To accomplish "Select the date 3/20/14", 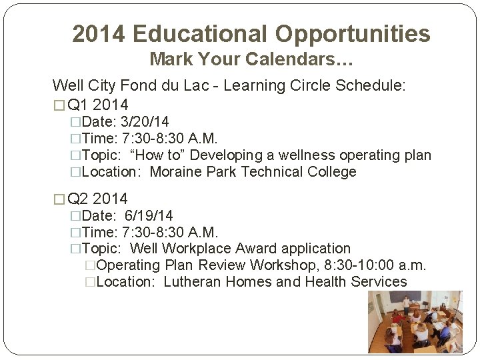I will tap(145, 121).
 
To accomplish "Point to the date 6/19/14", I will tap(149, 215).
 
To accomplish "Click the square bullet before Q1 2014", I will tap(58, 105).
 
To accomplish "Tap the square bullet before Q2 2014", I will tap(58, 199).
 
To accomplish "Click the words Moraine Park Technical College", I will tap(253, 172).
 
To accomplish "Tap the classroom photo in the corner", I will tap(415, 321).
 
